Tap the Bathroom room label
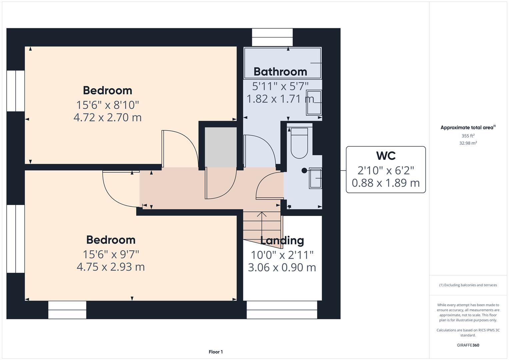[280, 72]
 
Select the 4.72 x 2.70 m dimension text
[107, 117]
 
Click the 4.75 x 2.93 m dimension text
[111, 267]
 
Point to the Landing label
[282, 240]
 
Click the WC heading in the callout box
[386, 156]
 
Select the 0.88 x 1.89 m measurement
[386, 183]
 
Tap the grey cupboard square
[221, 147]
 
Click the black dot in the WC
[304, 170]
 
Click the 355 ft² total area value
[468, 136]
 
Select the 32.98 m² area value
[468, 143]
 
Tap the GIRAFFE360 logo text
[468, 345]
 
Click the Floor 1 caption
[216, 352]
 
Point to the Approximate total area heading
[468, 127]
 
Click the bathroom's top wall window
[272, 37]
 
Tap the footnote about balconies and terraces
[468, 285]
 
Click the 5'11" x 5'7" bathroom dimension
[280, 86]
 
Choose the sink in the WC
[315, 178]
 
